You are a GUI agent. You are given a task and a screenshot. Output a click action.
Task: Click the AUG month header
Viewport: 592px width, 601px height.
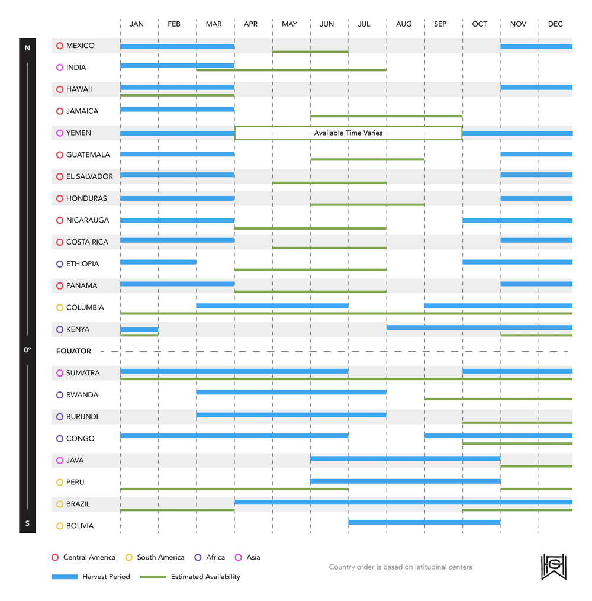tap(404, 24)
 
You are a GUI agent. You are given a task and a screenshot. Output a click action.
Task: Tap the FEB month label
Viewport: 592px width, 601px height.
tap(174, 24)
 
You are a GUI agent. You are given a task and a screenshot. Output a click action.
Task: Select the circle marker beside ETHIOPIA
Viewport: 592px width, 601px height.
tap(60, 264)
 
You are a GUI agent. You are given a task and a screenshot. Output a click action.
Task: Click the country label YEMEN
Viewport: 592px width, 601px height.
tap(79, 133)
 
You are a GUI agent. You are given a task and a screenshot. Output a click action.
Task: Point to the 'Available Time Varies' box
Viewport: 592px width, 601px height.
tap(348, 133)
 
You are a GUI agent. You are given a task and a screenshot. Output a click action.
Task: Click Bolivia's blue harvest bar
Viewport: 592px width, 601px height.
tap(424, 522)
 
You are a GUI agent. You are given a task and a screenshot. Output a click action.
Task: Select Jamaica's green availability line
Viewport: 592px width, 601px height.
tap(386, 116)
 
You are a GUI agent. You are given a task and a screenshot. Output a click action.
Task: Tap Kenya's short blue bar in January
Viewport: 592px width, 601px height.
tap(139, 329)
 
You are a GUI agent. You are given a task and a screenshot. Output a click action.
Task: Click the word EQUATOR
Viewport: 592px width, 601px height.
tap(73, 351)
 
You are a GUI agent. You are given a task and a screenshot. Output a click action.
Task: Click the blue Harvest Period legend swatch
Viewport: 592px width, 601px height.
tap(65, 577)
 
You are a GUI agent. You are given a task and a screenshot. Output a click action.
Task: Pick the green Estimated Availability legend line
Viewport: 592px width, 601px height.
tap(152, 577)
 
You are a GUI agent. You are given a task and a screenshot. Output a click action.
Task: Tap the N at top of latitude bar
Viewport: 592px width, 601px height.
tap(27, 48)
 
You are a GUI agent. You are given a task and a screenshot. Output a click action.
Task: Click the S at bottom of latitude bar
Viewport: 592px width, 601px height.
tap(27, 523)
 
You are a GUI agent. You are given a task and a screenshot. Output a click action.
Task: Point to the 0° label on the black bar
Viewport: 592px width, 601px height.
tap(27, 351)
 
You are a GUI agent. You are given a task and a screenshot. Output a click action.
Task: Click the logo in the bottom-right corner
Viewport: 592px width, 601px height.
tap(554, 567)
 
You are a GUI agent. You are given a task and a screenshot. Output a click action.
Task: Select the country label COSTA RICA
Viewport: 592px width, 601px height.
tap(87, 242)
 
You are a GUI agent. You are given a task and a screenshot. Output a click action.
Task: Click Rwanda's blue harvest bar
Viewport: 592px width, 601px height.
tap(291, 392)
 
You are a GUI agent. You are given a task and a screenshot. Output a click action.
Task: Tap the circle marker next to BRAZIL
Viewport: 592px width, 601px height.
tap(60, 504)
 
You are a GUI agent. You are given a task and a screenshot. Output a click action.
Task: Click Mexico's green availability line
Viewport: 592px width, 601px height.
tap(310, 52)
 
